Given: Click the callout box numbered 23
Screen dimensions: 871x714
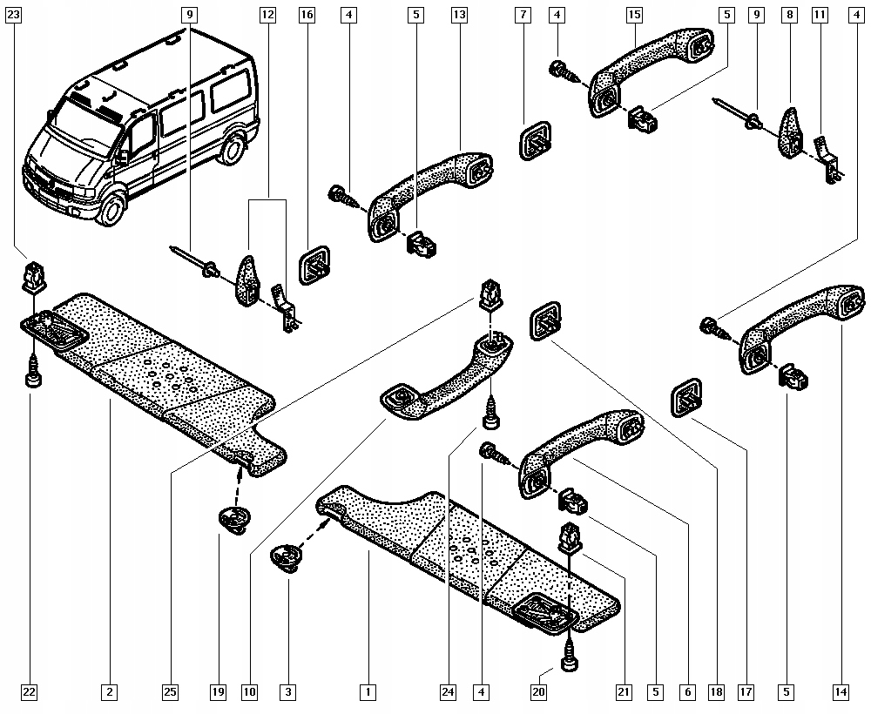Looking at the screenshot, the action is (x=13, y=15).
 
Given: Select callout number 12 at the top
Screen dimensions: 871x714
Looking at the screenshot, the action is (x=267, y=15).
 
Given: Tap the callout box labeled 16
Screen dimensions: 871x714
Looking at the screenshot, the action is (x=307, y=15).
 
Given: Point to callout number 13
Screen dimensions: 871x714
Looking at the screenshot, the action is (x=459, y=15).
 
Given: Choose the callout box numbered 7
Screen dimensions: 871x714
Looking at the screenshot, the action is (x=523, y=15).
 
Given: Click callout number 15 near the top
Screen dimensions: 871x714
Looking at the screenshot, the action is (x=634, y=15).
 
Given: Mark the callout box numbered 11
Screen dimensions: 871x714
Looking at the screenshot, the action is (x=820, y=15).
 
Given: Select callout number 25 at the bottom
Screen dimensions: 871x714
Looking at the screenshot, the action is (x=171, y=691).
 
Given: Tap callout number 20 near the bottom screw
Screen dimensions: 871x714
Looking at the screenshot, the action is (x=539, y=691).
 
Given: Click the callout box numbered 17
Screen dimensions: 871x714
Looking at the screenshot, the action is (x=746, y=691).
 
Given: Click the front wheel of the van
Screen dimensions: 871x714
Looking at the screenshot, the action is (x=112, y=211).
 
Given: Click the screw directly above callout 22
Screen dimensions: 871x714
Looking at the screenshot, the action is (x=34, y=372).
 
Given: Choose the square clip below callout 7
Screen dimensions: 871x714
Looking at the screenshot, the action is (x=535, y=142).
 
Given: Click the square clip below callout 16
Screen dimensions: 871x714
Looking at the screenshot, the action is (x=314, y=266).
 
